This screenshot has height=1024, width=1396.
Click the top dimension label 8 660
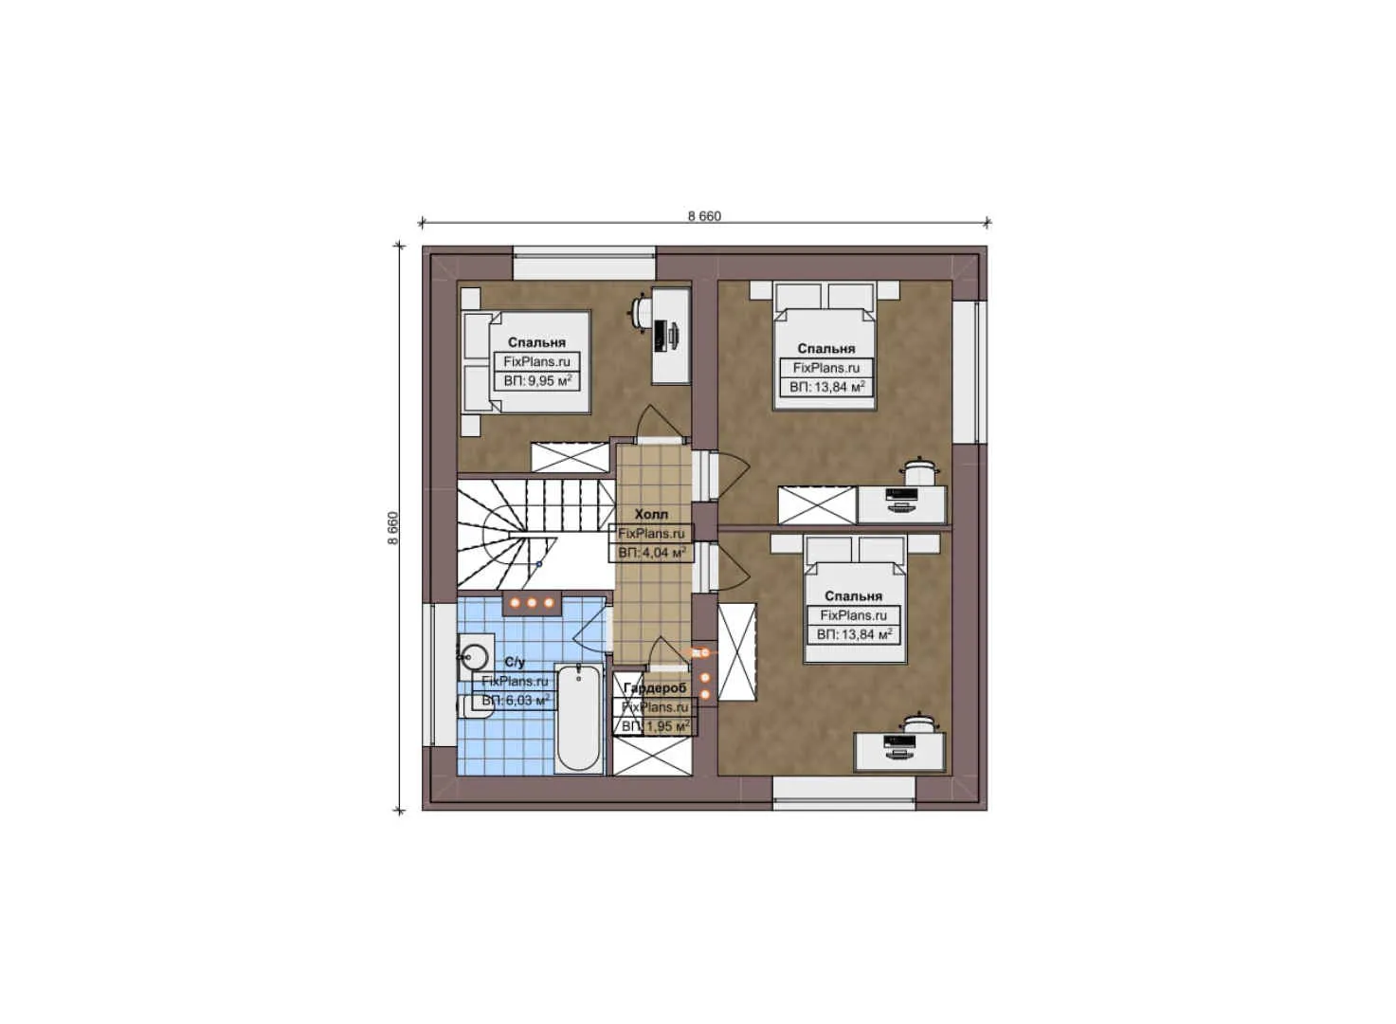tap(704, 216)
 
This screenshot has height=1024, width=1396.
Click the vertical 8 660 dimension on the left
tap(393, 528)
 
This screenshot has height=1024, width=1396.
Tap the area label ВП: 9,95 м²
tap(537, 381)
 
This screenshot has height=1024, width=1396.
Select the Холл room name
tap(651, 514)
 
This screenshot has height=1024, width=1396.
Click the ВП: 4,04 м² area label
tap(652, 552)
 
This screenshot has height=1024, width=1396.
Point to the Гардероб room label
tap(655, 687)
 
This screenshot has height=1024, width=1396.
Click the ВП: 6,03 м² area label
tap(515, 701)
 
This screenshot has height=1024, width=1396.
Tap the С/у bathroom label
tap(515, 662)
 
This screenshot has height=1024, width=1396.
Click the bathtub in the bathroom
tap(578, 718)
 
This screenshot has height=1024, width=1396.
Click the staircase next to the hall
tap(531, 536)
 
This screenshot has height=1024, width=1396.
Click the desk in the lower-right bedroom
tap(899, 750)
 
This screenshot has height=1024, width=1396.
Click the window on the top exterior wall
tap(584, 264)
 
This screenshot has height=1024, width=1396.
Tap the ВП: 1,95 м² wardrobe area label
tap(655, 726)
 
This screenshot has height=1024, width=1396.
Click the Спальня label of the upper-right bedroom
tap(826, 349)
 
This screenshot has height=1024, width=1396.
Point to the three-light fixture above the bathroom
tap(532, 602)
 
